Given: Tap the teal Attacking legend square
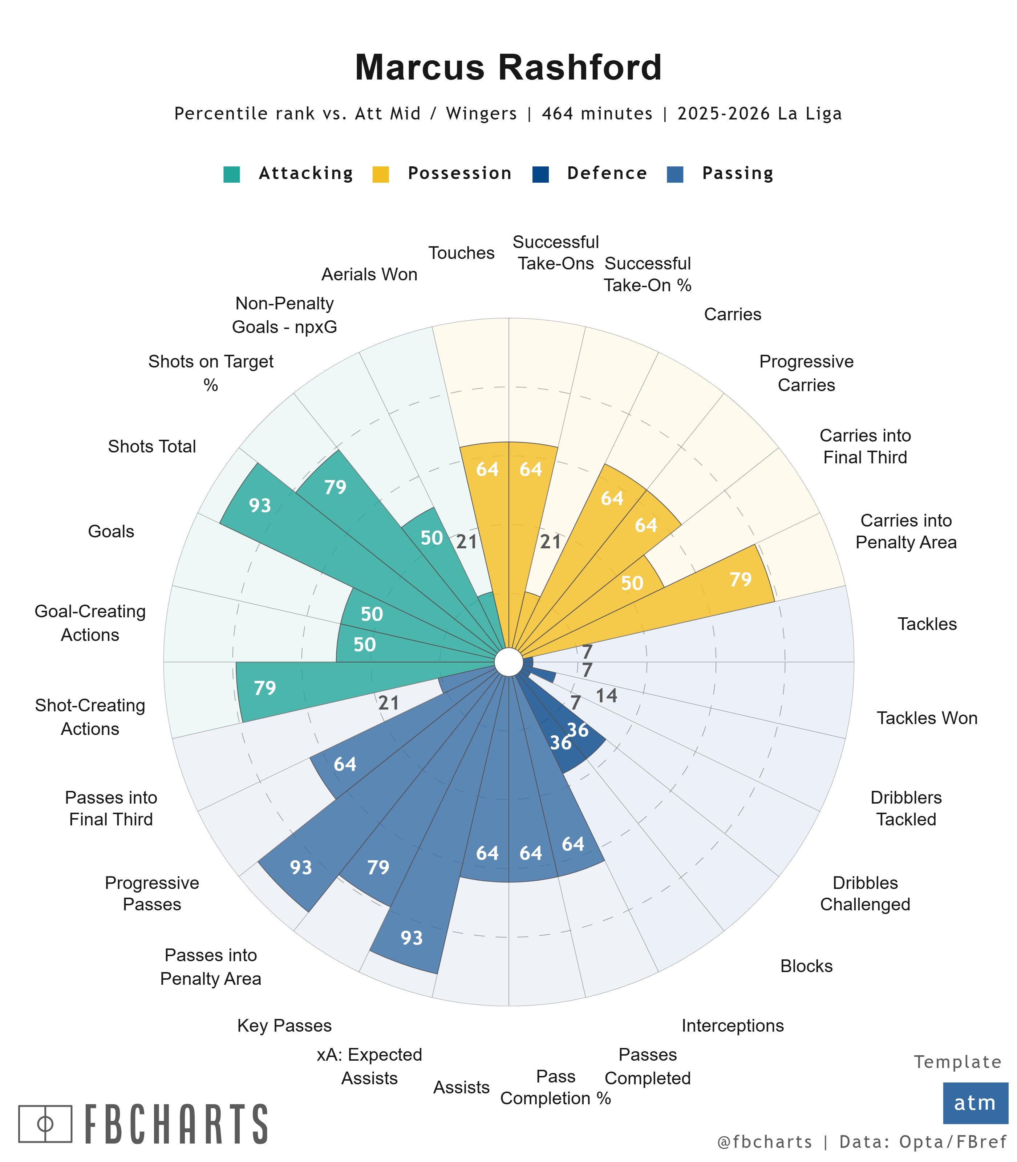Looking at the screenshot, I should pyautogui.click(x=232, y=174).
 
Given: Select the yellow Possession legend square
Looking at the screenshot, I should pyautogui.click(x=380, y=174).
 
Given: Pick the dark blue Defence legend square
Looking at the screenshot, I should pyautogui.click(x=540, y=174).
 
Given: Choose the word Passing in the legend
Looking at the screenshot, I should pyautogui.click(x=737, y=173).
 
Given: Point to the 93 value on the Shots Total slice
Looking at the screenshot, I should pyautogui.click(x=260, y=505).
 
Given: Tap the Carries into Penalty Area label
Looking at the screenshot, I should pyautogui.click(x=906, y=531).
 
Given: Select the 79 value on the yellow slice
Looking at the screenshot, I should pyautogui.click(x=740, y=579).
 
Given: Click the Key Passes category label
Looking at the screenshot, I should pyautogui.click(x=284, y=1025).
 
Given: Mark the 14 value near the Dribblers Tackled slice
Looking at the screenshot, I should pyautogui.click(x=606, y=696).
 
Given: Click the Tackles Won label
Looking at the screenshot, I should pyautogui.click(x=927, y=718).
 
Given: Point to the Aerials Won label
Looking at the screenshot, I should pyautogui.click(x=369, y=275).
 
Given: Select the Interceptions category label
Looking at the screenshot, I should pyautogui.click(x=732, y=1025).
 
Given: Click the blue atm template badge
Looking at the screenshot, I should pyautogui.click(x=975, y=1102).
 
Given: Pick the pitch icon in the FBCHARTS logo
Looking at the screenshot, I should pyautogui.click(x=45, y=1124).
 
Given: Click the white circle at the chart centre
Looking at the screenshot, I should pyautogui.click(x=508, y=662).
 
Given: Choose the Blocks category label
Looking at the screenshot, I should pyautogui.click(x=806, y=966).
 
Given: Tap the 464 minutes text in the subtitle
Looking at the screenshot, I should pyautogui.click(x=597, y=114).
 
